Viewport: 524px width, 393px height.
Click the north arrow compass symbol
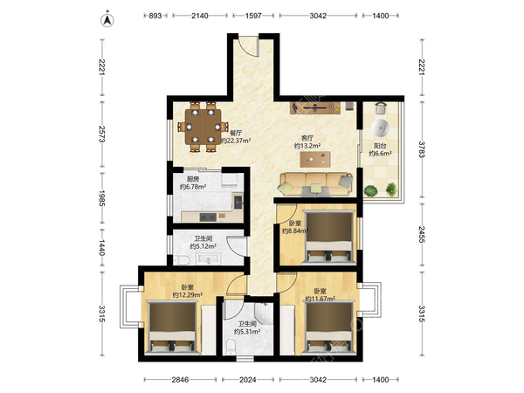[x=107, y=20]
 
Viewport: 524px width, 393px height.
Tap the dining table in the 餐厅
[x=203, y=127]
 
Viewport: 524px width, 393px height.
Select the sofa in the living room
[x=316, y=184]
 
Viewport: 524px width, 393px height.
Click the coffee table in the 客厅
[x=315, y=159]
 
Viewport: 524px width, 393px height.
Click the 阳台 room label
[x=380, y=146]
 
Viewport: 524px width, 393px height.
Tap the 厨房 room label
[x=193, y=179]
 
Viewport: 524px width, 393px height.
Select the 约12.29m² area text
[x=188, y=295]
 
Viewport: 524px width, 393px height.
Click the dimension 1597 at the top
[x=253, y=16]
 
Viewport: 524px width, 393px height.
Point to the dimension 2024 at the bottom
[x=248, y=380]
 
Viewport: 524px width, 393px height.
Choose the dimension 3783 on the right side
[x=422, y=149]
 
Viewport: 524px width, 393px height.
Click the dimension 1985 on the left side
[x=102, y=198]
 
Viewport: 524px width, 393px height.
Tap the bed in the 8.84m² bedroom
[x=329, y=237]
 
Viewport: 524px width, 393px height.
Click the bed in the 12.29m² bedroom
[x=173, y=327]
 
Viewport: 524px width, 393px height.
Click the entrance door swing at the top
[x=249, y=46]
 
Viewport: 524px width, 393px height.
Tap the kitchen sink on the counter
[x=238, y=202]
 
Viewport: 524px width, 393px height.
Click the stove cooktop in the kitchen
[x=208, y=217]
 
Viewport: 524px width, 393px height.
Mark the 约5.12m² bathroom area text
[x=203, y=246]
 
